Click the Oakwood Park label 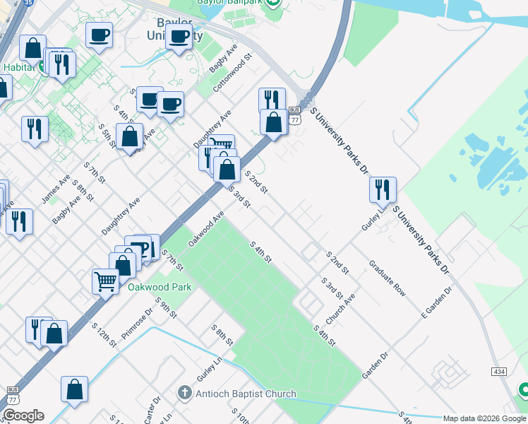pos(160,288)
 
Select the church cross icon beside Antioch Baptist pos(185,392)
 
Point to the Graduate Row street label pos(388,278)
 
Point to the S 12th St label pos(104,333)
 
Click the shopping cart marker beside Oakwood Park pos(105,281)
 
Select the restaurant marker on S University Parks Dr pos(382,189)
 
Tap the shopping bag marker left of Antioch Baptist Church pos(74,389)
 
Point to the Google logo pos(23,416)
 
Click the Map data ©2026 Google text pos(484,418)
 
